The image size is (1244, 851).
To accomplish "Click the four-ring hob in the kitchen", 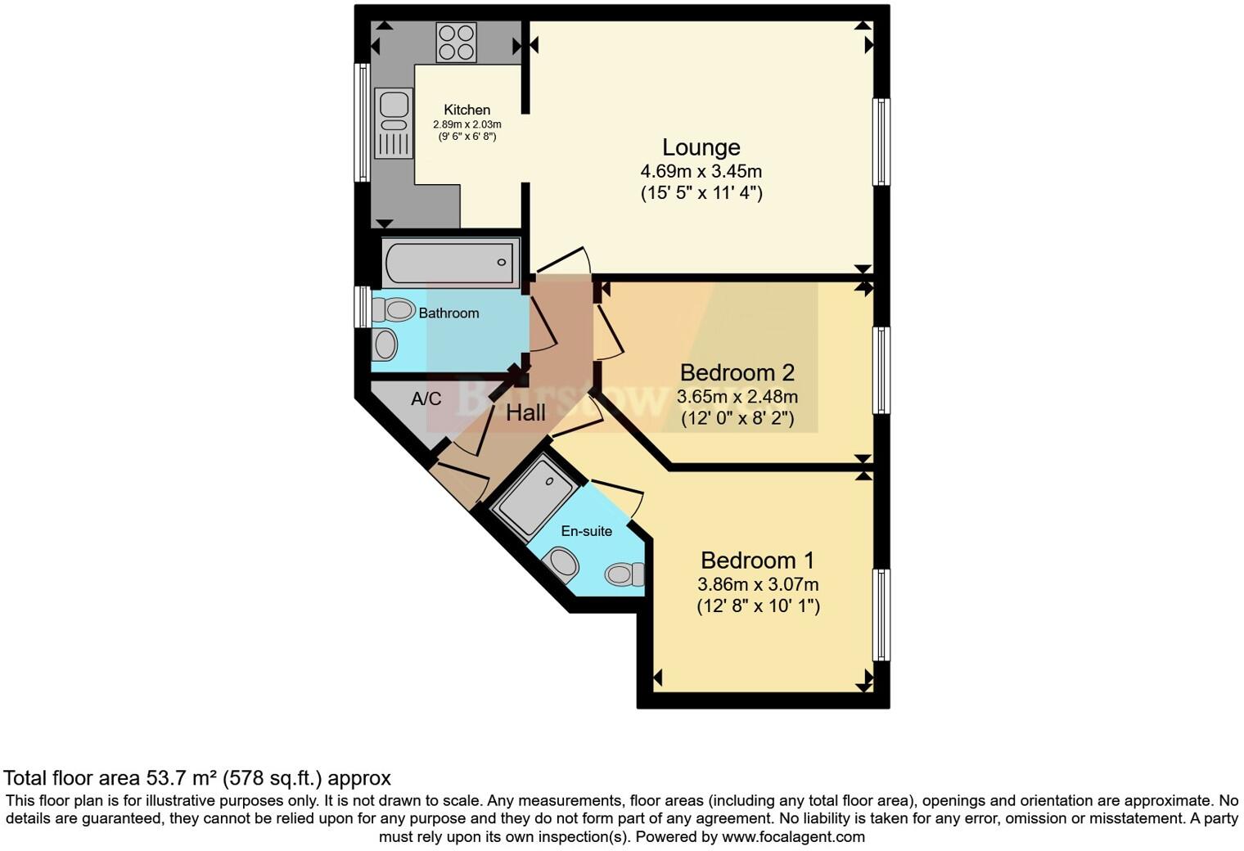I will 457,42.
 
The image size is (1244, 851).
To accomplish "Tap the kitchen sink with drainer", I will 394,124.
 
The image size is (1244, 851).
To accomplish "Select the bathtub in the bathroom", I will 451,262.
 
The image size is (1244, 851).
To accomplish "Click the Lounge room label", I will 701,147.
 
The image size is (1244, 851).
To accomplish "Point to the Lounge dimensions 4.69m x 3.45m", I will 701,172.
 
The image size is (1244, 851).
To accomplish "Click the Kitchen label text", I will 466,110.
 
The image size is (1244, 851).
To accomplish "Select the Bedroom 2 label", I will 737,373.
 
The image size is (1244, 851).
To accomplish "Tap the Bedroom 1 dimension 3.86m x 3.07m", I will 758,585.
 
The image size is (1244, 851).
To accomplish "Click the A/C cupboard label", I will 426,399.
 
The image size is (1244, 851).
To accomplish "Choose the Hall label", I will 525,413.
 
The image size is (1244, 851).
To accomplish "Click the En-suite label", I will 586,531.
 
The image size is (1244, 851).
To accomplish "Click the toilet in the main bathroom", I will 393,310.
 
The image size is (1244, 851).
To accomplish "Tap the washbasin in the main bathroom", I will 385,344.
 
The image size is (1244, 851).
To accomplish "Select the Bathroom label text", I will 448,313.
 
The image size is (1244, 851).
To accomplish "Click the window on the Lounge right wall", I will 881,142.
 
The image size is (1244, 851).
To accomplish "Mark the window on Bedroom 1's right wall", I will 881,615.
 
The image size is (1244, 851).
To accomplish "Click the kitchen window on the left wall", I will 361,122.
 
